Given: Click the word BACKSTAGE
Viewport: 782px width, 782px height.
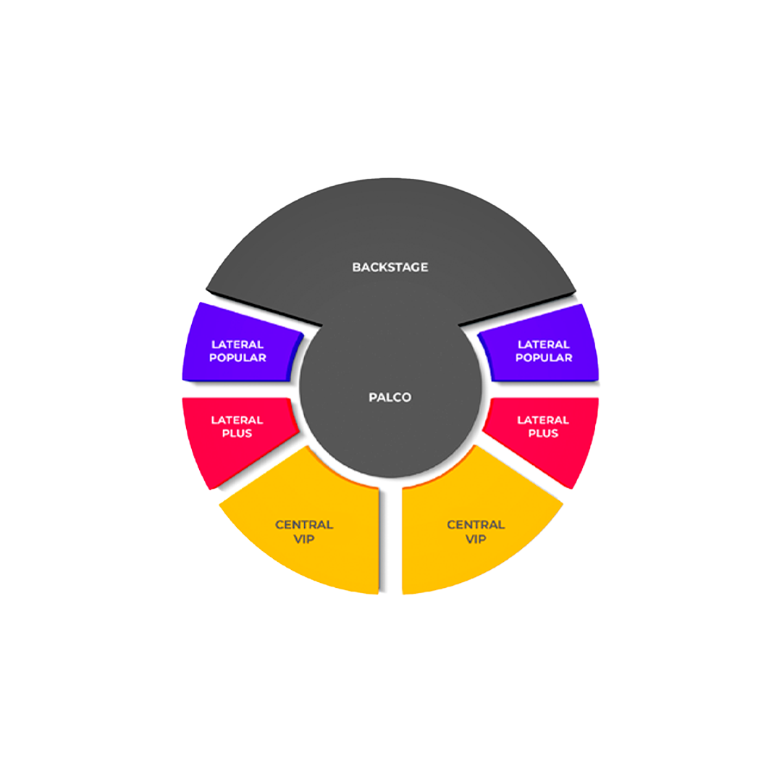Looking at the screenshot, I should click(x=390, y=267).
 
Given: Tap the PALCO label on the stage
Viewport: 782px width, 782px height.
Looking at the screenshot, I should click(x=390, y=398).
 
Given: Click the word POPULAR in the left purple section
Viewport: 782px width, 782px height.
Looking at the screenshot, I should click(x=237, y=358).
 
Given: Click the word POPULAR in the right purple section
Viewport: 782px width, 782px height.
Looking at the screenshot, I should click(x=544, y=358).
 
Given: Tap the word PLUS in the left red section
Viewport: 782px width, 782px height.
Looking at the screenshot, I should click(x=237, y=433).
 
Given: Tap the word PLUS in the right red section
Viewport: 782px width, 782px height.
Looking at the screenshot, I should click(x=544, y=433).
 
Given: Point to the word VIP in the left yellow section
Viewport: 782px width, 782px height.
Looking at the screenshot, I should click(x=304, y=539).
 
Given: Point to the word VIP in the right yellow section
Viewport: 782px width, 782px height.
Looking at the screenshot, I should click(x=476, y=539).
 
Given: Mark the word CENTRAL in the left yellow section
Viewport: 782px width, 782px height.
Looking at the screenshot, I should click(x=304, y=524).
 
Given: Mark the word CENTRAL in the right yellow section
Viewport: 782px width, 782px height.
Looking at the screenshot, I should click(x=476, y=524).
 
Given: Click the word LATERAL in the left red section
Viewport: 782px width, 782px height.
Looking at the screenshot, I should click(x=237, y=420).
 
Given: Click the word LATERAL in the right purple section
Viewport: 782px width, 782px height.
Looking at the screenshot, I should click(x=544, y=345).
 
